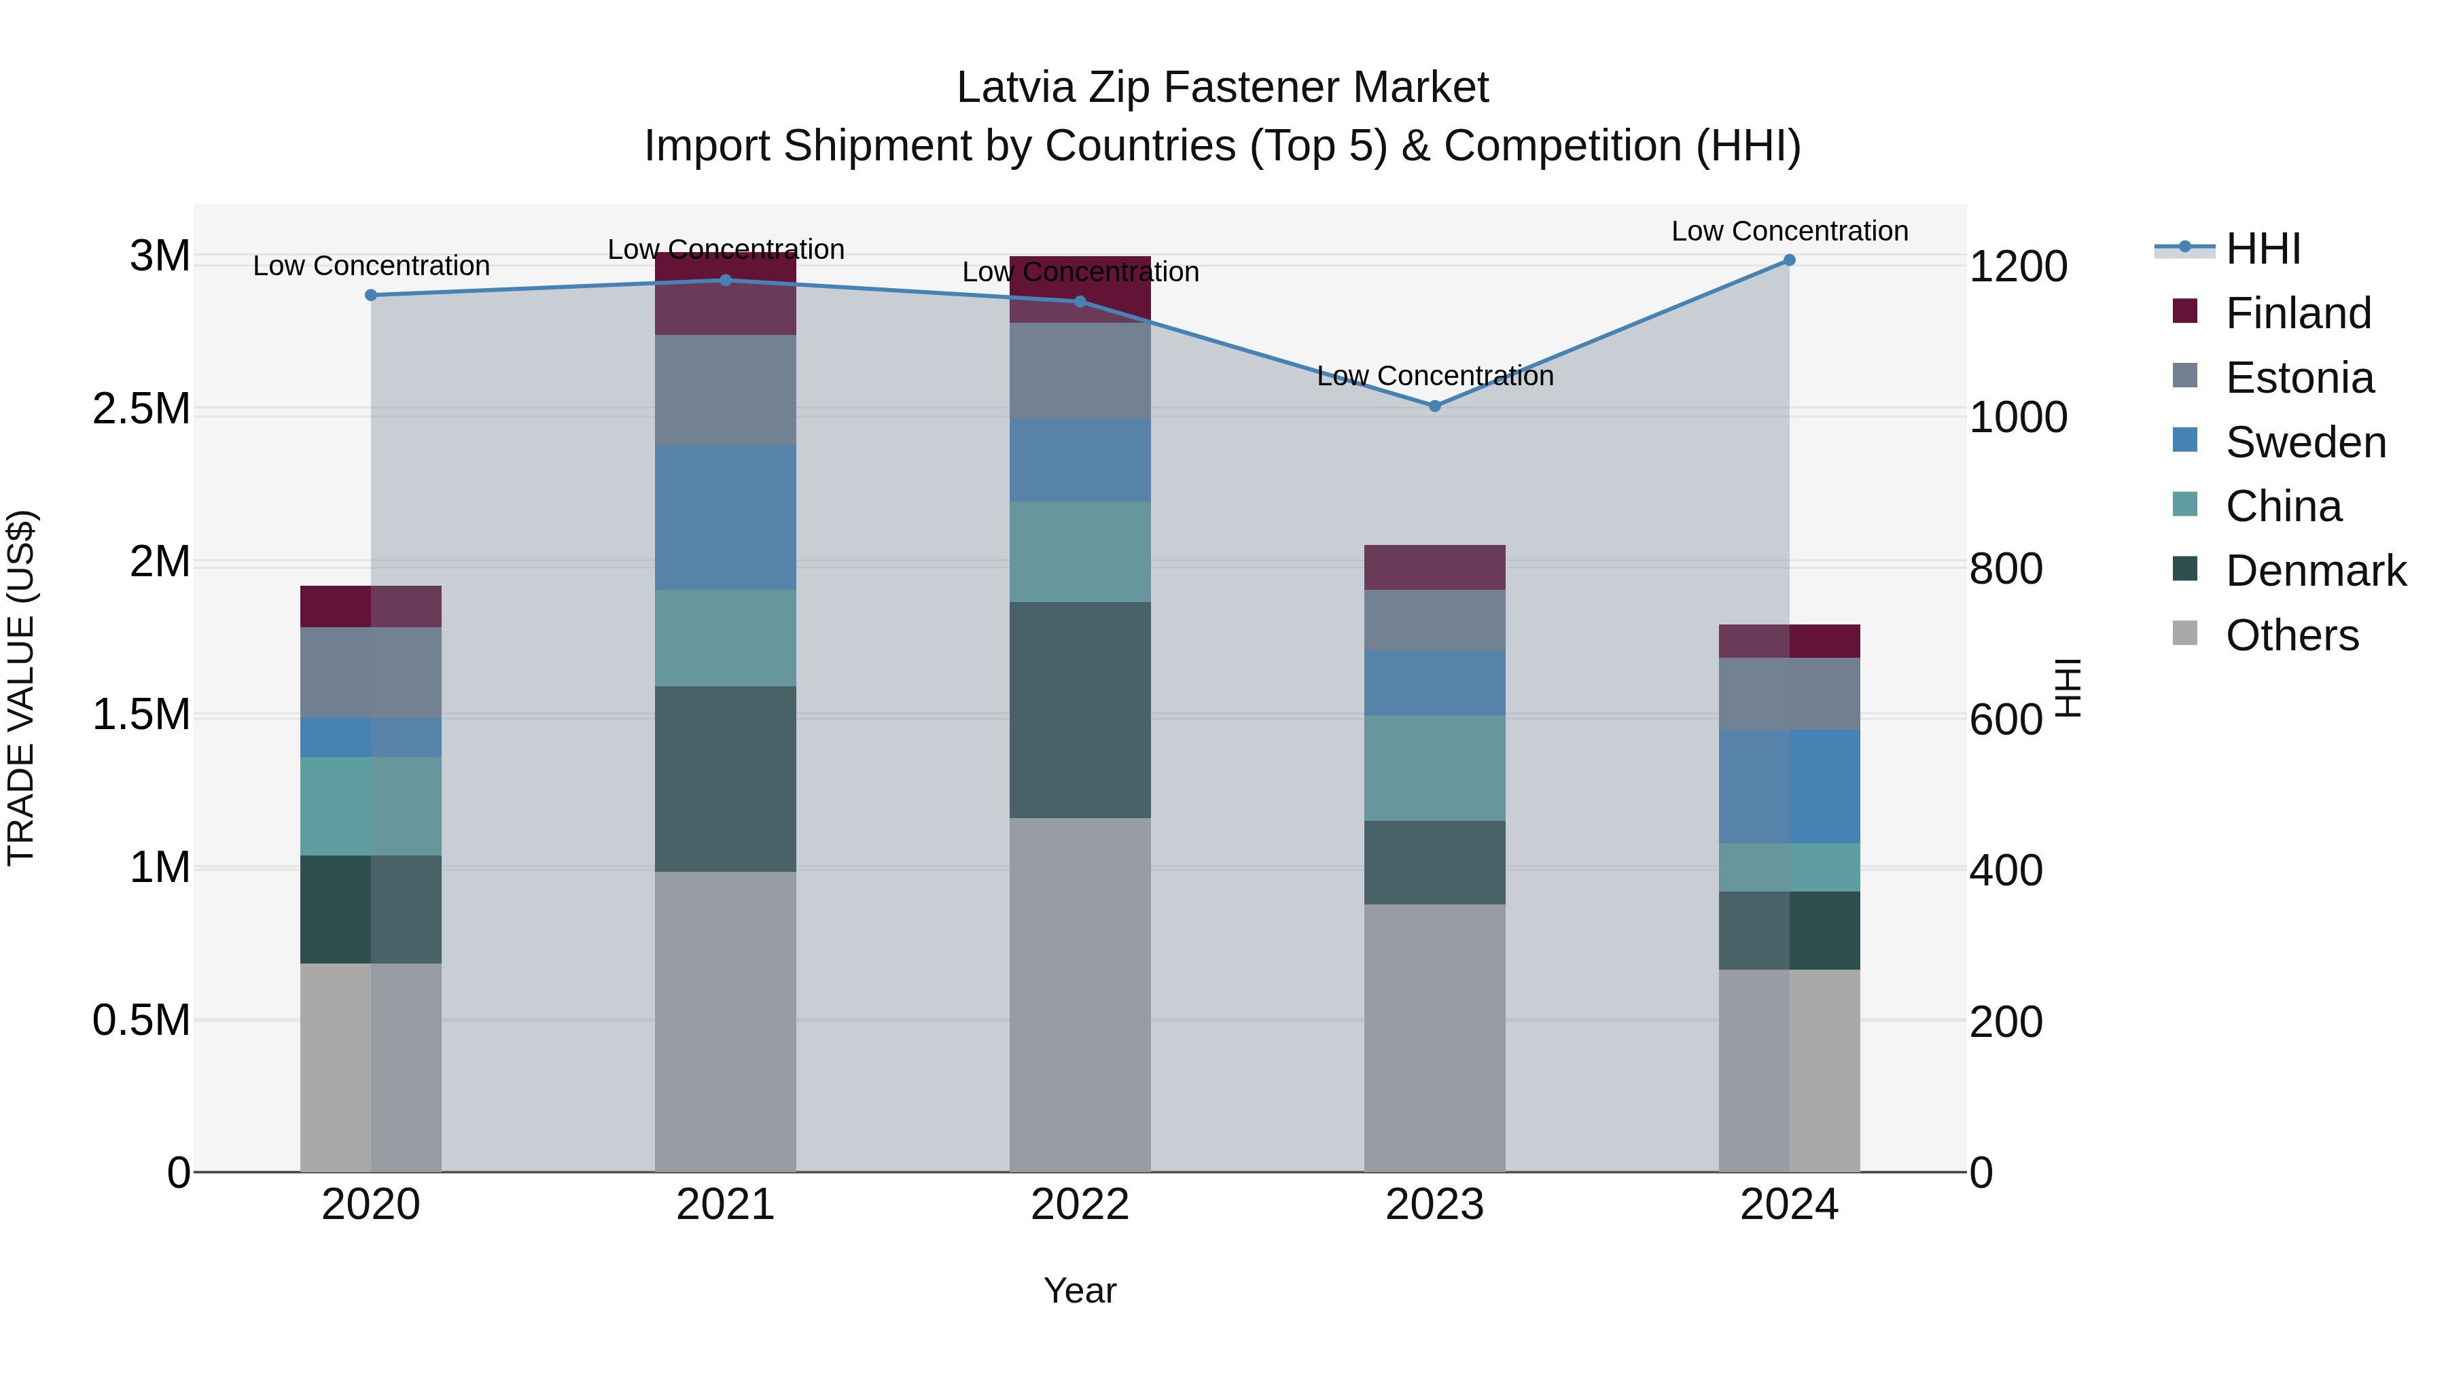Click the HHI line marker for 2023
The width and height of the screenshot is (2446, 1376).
tap(1435, 406)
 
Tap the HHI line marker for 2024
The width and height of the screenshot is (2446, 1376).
tap(1789, 260)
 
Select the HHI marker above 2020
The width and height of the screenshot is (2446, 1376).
tap(371, 296)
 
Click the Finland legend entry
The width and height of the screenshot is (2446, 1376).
tap(2298, 313)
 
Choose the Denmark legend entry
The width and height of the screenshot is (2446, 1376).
tap(2315, 571)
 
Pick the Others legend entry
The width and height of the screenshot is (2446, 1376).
tap(2291, 635)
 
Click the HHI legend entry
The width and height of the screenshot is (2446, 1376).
tap(2262, 249)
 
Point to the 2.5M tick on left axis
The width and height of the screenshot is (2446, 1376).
tap(141, 409)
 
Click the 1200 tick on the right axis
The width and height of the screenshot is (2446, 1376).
tap(2018, 267)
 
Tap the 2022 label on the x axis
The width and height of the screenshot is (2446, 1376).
tap(1080, 1205)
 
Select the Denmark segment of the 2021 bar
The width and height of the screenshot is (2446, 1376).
tap(726, 779)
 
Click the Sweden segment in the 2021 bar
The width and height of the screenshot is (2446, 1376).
tap(726, 518)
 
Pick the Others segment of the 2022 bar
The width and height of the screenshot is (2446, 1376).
tap(1080, 994)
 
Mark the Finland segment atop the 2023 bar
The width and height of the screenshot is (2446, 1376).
tap(1435, 568)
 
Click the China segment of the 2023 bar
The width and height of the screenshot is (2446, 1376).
tap(1435, 769)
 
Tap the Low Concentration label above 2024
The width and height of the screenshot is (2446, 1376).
tap(1789, 231)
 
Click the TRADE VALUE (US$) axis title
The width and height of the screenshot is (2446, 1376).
tap(21, 688)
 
